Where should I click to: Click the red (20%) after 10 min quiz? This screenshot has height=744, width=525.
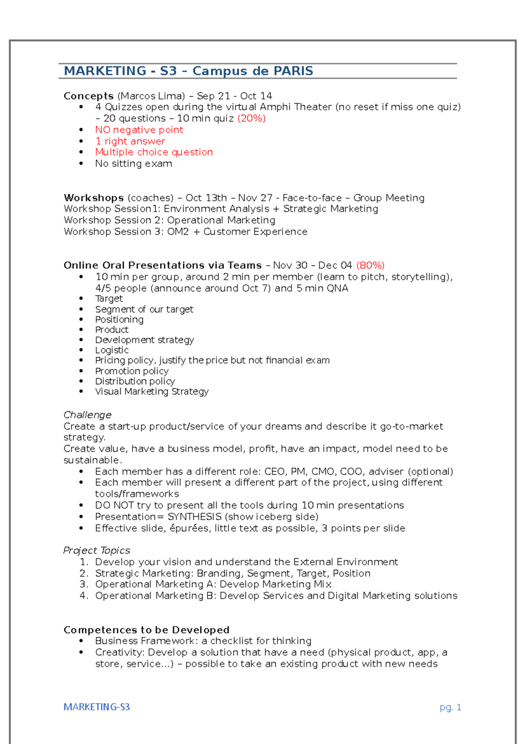pyautogui.click(x=252, y=118)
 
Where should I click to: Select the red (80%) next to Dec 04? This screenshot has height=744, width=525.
pyautogui.click(x=370, y=265)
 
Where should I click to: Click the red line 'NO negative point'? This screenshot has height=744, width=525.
pyautogui.click(x=139, y=130)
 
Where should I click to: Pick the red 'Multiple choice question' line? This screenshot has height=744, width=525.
pyautogui.click(x=154, y=152)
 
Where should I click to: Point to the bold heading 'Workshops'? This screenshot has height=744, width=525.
pyautogui.click(x=94, y=198)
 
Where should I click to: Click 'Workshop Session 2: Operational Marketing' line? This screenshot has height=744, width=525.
pyautogui.click(x=169, y=220)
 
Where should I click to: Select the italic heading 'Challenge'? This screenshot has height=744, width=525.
pyautogui.click(x=87, y=415)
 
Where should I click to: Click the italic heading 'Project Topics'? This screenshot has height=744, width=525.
pyautogui.click(x=97, y=550)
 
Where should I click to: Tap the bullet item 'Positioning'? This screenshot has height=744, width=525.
pyautogui.click(x=119, y=319)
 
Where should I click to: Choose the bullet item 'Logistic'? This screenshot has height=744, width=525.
pyautogui.click(x=112, y=350)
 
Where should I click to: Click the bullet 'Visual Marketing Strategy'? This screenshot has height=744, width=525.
pyautogui.click(x=152, y=391)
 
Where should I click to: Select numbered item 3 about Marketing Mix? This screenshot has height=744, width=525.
pyautogui.click(x=213, y=584)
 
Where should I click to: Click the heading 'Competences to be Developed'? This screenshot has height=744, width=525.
pyautogui.click(x=147, y=630)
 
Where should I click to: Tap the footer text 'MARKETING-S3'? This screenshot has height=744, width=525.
pyautogui.click(x=97, y=707)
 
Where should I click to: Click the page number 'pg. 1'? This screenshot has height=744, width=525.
pyautogui.click(x=450, y=707)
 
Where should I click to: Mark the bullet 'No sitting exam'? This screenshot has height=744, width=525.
pyautogui.click(x=133, y=163)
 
